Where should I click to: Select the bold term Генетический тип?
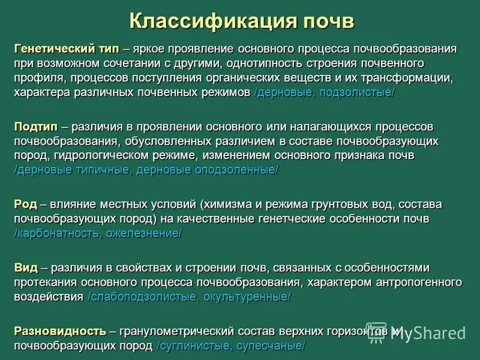point(67,48)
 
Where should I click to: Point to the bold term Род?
point(26,205)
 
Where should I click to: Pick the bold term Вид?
point(26,267)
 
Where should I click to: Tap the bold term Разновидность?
point(60,331)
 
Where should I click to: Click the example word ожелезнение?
point(143,233)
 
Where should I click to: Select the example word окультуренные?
point(246,297)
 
